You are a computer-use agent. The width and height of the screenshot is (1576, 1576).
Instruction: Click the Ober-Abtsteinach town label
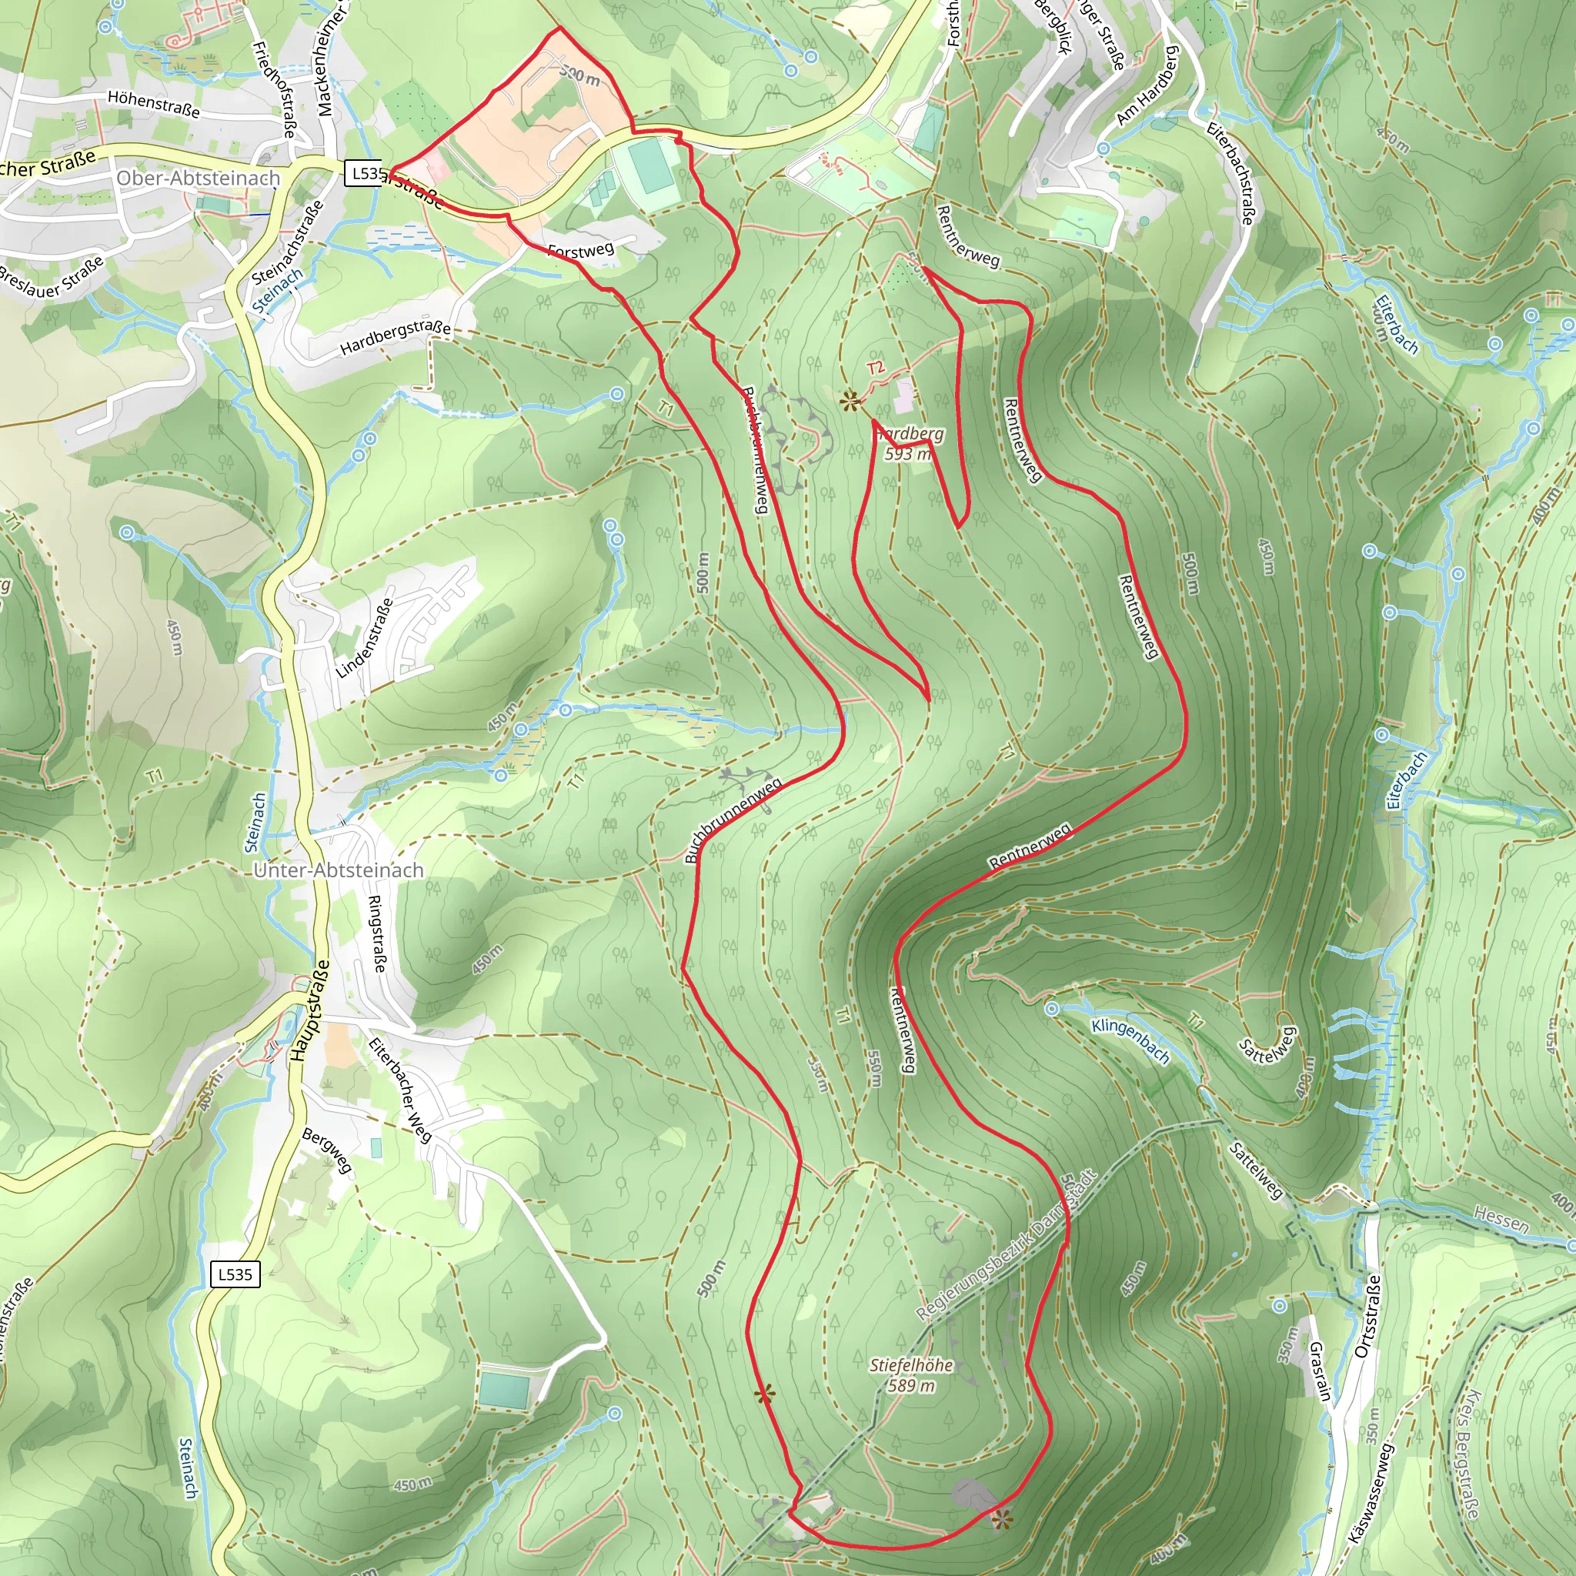(199, 179)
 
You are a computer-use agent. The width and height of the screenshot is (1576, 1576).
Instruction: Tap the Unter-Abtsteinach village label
(339, 870)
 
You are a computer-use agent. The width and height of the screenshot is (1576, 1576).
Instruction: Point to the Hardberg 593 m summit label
(909, 444)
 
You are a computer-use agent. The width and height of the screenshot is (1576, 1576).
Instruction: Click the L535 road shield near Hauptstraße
(235, 1274)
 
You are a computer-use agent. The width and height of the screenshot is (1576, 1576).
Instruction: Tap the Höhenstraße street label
(153, 104)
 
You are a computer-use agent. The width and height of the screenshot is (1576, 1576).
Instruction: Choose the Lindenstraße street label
(365, 639)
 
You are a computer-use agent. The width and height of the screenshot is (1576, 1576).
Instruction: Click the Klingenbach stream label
(1130, 1041)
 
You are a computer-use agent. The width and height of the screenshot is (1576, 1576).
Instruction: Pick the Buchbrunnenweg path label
(733, 820)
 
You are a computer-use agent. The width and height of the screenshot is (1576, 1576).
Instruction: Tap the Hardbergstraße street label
(396, 338)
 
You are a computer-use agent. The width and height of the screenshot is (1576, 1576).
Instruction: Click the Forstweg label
(581, 249)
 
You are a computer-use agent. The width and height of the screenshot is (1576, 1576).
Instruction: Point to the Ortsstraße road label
(1367, 1315)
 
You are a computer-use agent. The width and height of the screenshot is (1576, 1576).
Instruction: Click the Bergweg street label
(327, 1151)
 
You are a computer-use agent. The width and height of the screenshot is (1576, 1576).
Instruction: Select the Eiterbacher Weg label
(399, 1090)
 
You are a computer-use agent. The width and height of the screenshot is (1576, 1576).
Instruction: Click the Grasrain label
(1320, 1372)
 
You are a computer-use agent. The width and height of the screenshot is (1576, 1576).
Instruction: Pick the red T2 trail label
(875, 369)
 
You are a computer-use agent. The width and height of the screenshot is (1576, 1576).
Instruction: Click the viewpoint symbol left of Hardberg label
(851, 400)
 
